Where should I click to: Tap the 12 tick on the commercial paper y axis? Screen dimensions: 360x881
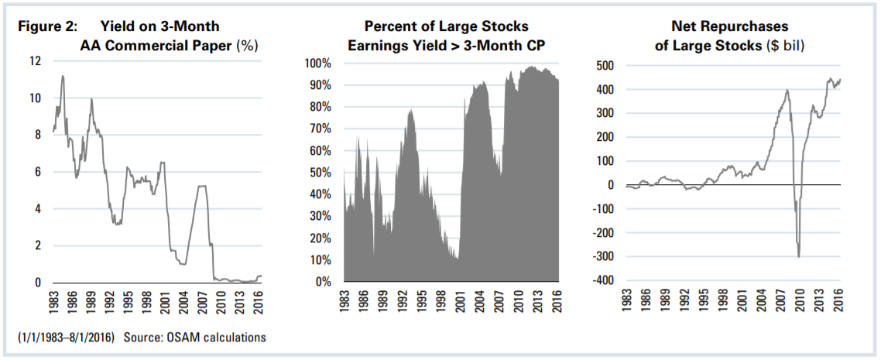(x=34, y=61)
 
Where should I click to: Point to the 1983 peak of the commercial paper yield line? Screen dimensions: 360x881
(x=62, y=76)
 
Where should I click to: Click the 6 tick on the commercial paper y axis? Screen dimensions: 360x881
(x=36, y=172)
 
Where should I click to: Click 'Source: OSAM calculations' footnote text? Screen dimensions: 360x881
(x=211, y=338)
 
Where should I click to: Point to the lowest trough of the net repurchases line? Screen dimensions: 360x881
(x=798, y=257)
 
